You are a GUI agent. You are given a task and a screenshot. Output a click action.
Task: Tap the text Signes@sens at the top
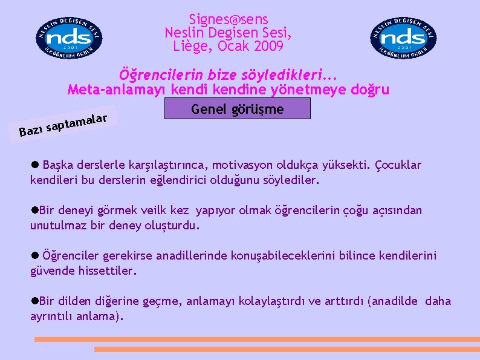point(229,20)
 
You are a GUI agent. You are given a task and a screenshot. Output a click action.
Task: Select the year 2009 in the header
point(268,45)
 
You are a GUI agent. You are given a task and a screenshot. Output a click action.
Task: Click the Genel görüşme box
point(237,109)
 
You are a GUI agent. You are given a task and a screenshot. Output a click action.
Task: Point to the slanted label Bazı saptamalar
point(63,120)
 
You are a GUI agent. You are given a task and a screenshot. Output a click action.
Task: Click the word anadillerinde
point(190,257)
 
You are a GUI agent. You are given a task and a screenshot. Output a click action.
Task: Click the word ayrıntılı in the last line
point(53,316)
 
